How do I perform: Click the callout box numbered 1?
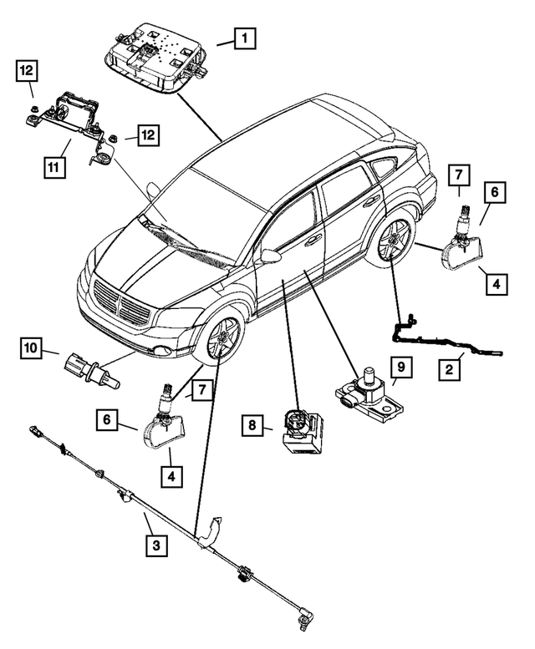244,38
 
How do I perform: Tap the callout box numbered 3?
155,545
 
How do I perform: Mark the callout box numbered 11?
53,167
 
